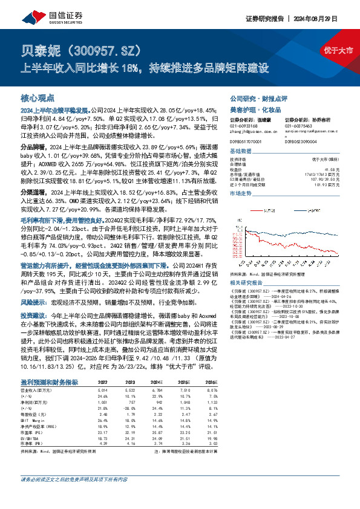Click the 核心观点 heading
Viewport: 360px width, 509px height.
tap(38, 98)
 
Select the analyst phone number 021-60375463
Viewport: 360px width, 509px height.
tap(299, 126)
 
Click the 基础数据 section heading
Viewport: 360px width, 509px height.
tap(241, 151)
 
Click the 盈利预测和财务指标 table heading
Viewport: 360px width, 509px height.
tap(49, 383)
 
